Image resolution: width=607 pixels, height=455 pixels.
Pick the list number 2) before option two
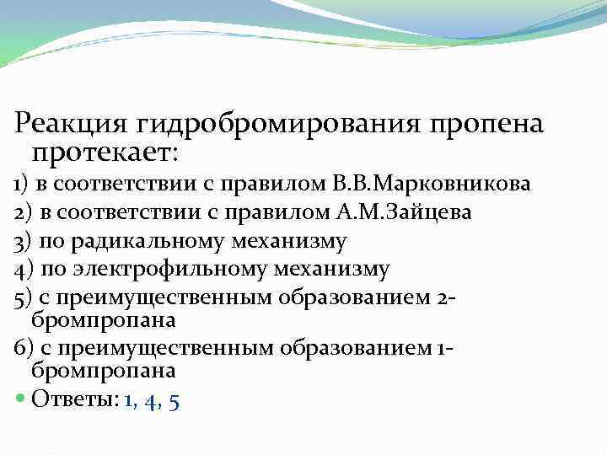click(22, 211)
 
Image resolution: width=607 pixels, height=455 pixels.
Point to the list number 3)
click(22, 241)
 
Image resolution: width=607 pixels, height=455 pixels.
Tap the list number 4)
click(22, 270)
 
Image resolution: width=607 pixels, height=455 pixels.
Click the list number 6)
click(22, 349)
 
